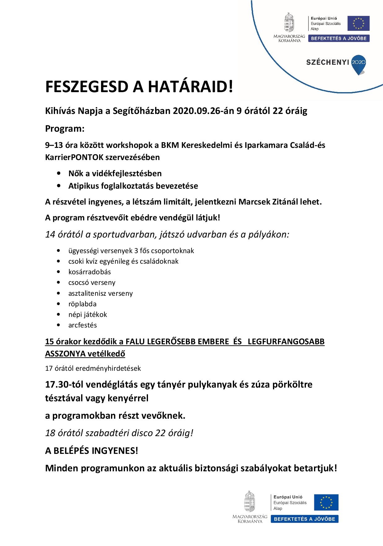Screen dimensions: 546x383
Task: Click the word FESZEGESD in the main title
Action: [x=87, y=87]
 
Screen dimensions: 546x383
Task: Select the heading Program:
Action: [x=65, y=129]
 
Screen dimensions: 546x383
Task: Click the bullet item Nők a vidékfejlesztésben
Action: [x=115, y=173]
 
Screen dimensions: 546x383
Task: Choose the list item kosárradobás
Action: [x=90, y=272]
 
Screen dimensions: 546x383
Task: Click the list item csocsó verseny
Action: [x=92, y=283]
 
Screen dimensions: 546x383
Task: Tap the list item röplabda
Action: [x=82, y=304]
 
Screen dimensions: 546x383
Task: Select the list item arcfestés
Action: [x=82, y=325]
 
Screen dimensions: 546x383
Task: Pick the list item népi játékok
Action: [x=87, y=314]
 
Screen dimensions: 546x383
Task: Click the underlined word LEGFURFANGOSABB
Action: [x=286, y=341]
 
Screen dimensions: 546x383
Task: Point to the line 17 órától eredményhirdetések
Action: [x=93, y=368]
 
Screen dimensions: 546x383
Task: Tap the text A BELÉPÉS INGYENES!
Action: [x=91, y=450]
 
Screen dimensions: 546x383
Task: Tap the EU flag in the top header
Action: [x=358, y=23]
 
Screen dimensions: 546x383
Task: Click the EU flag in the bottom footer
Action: [x=326, y=502]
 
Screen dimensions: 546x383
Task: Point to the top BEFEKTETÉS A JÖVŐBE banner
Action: [x=339, y=39]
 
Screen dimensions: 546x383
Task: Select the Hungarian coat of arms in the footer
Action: [x=250, y=501]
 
